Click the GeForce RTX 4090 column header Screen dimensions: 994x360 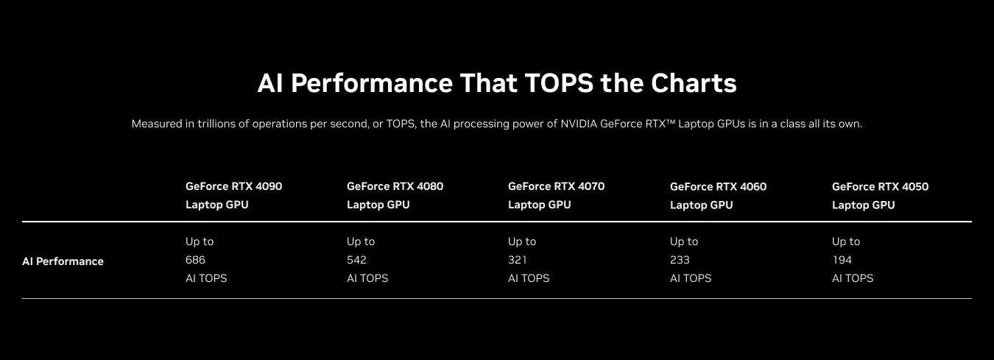point(234,195)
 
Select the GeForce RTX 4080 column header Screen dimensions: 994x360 point(395,195)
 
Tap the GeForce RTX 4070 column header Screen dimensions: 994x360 point(557,195)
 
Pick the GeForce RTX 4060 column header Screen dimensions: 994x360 point(719,196)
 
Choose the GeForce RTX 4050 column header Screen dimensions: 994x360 point(881,196)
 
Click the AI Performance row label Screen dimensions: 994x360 point(63,261)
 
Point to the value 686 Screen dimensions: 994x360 point(195,260)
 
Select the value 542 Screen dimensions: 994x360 point(357,260)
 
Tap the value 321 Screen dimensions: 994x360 point(518,260)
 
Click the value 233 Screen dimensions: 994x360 point(680,260)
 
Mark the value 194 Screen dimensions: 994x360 point(842,260)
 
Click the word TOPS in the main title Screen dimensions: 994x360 point(559,83)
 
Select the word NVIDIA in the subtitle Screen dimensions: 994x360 point(579,124)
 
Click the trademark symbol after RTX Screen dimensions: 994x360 point(670,121)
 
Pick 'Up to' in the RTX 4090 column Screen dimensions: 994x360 point(200,241)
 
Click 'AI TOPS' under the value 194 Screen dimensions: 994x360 point(853,278)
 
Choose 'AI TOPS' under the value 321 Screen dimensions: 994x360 point(529,278)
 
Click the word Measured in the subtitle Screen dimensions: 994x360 point(157,124)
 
